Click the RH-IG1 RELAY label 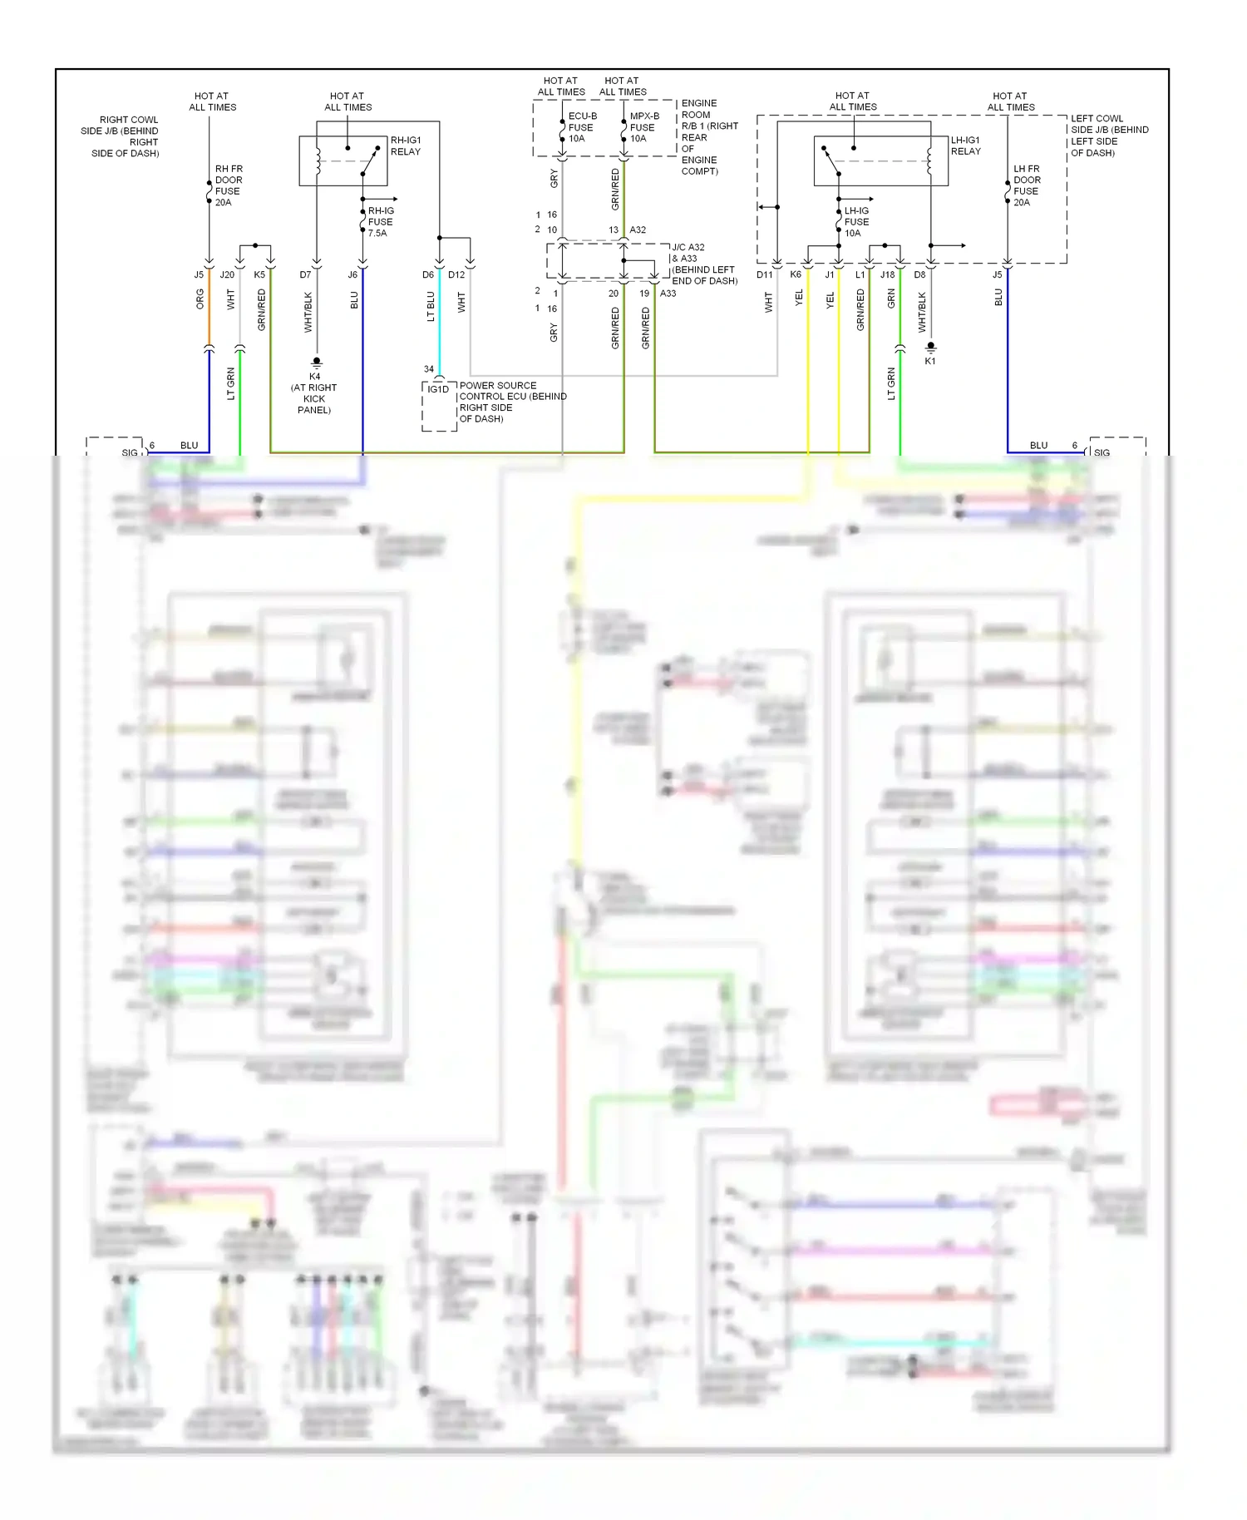[406, 146]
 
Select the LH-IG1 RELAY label [965, 146]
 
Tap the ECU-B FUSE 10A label [581, 127]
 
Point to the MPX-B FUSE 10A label [643, 127]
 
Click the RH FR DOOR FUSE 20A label [228, 185]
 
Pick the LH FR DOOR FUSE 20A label [1026, 185]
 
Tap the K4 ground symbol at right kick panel [316, 363]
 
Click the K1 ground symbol [930, 347]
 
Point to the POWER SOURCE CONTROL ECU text [511, 402]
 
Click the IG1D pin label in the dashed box [438, 389]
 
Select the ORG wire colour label [200, 299]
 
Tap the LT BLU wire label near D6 [431, 306]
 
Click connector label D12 [456, 274]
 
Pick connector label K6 [796, 274]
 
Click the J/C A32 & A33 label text [703, 264]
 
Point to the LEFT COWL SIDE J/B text [1108, 136]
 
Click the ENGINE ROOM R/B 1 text [707, 137]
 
